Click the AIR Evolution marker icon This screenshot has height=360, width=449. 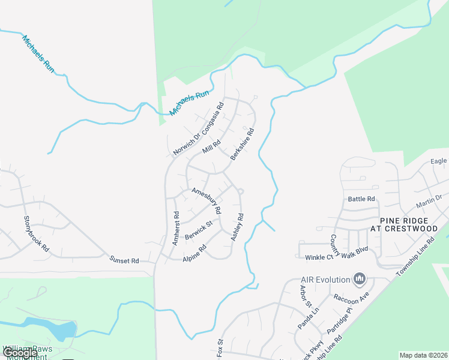(360, 278)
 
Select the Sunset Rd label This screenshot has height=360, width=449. (124, 260)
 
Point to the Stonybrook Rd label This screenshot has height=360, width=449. (35, 234)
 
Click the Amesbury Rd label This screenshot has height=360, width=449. (206, 201)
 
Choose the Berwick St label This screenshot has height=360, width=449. (199, 230)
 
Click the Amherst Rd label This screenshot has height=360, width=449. (175, 229)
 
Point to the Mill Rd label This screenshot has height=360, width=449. (211, 147)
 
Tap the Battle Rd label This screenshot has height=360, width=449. (361, 199)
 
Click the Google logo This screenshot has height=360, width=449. (20, 353)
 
